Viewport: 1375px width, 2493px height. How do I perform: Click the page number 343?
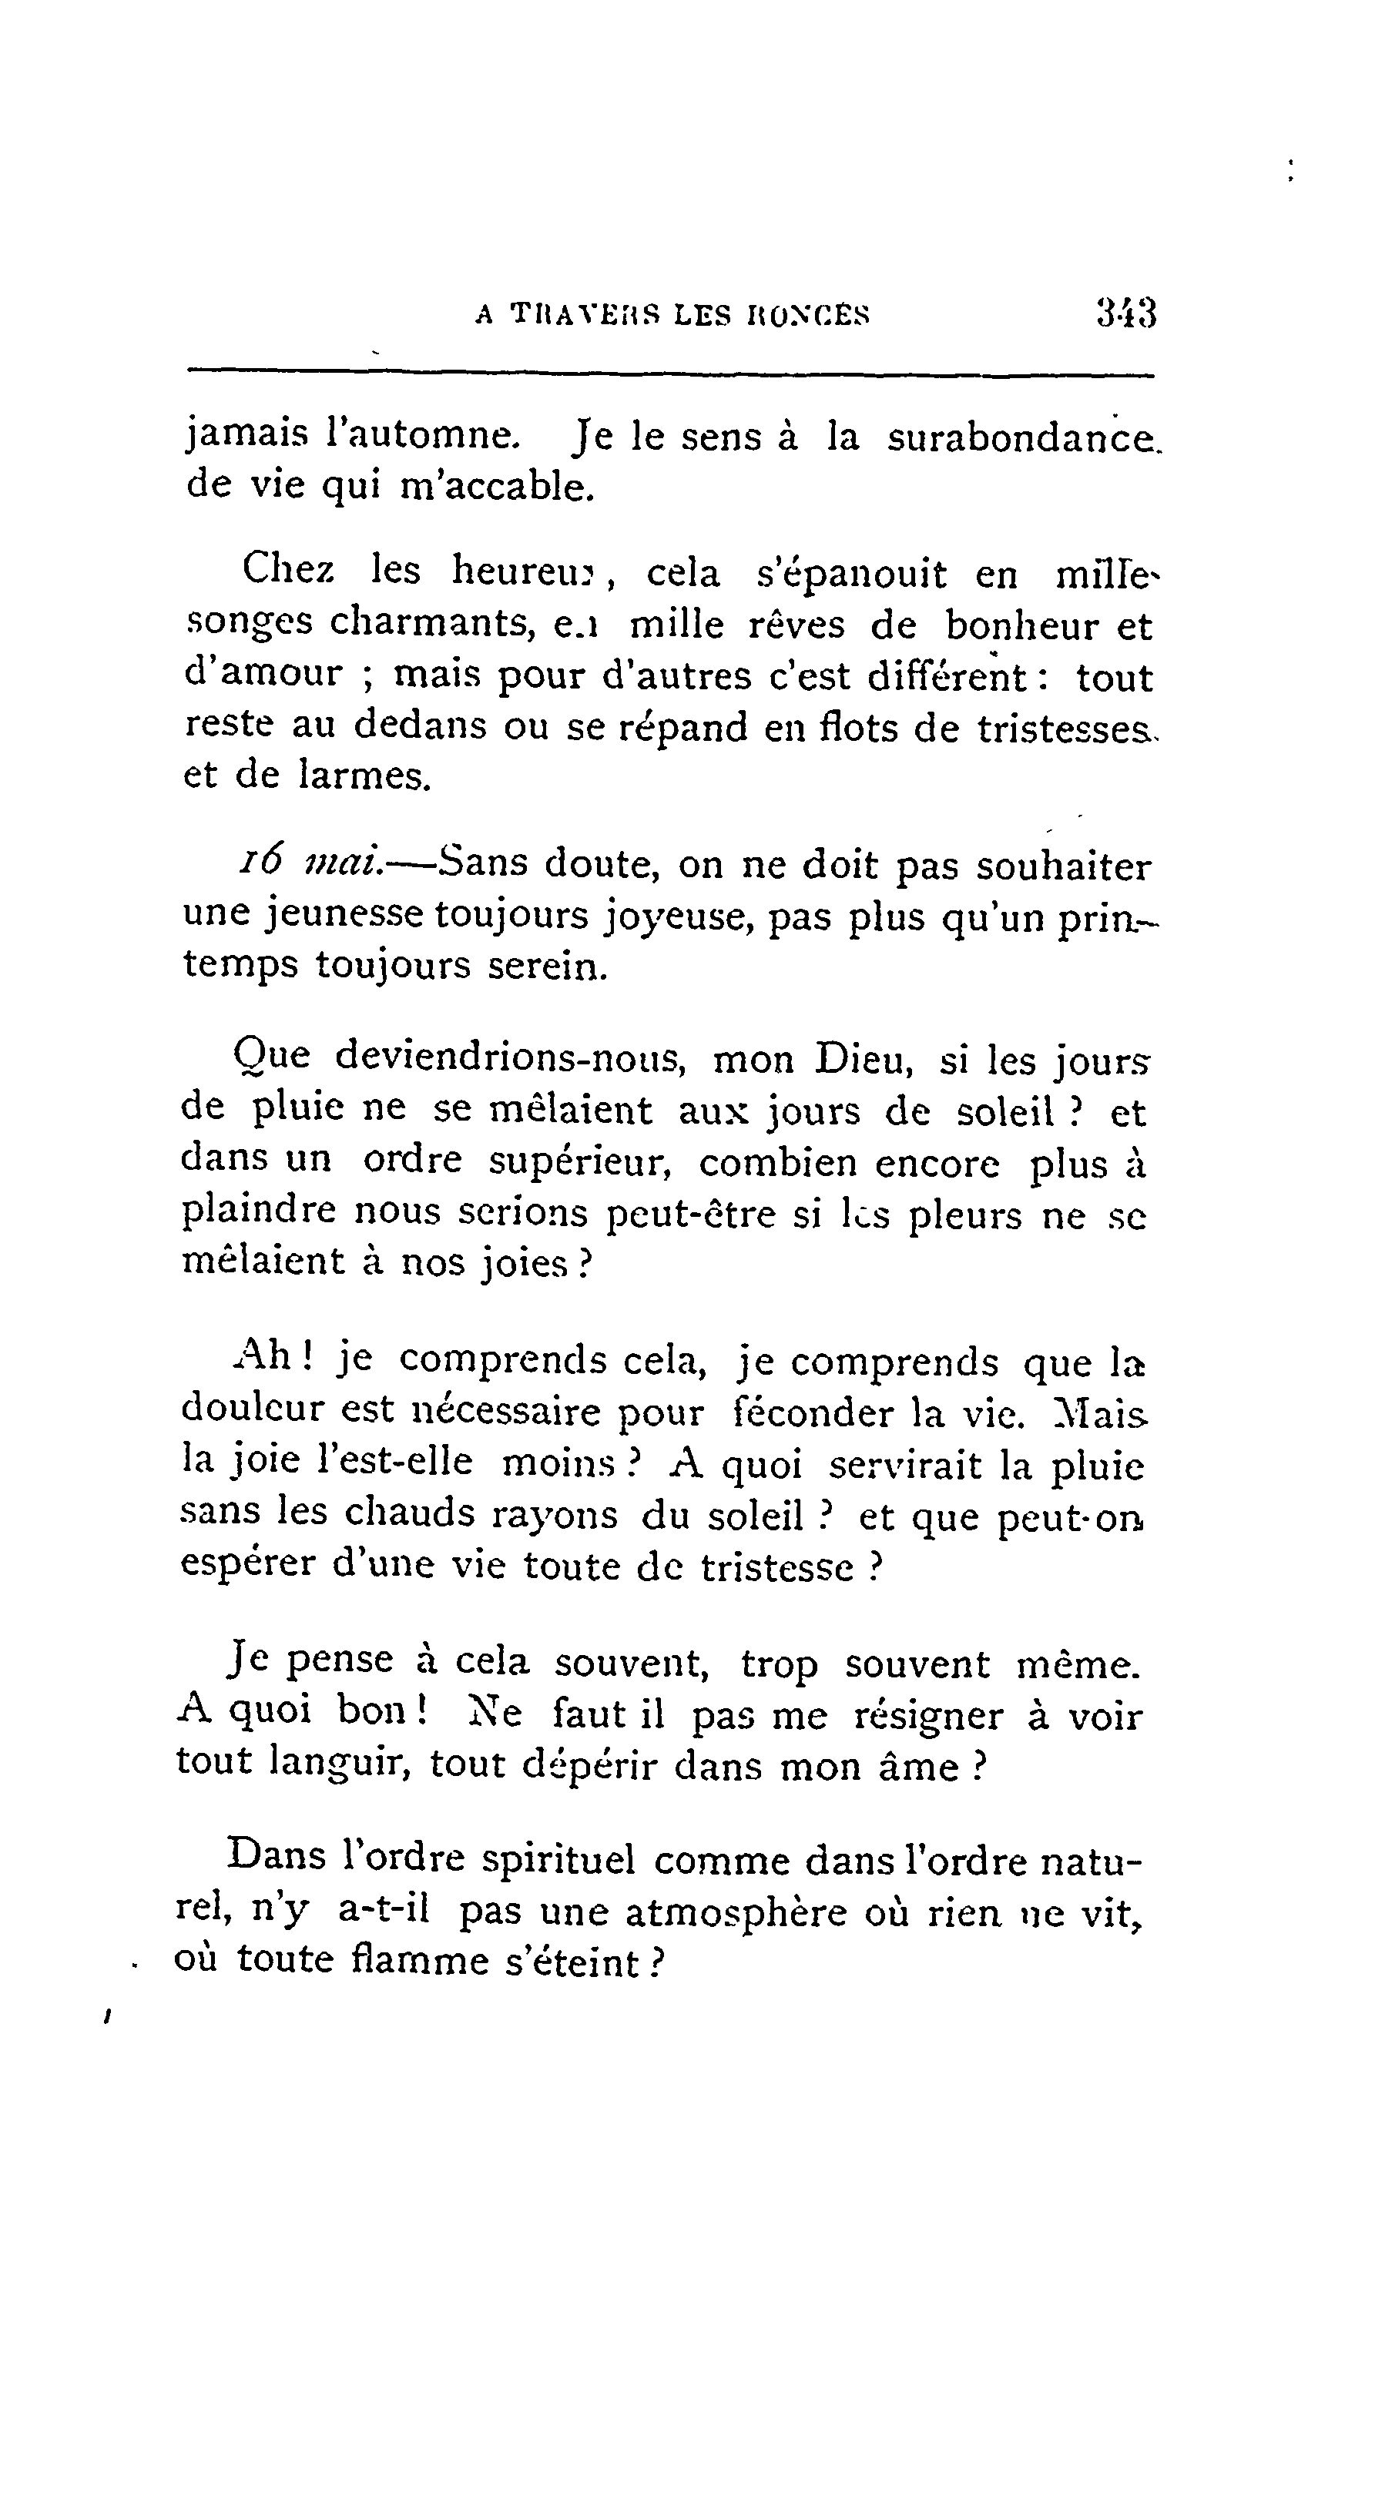(1126, 313)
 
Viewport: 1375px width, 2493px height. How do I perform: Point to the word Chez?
(288, 570)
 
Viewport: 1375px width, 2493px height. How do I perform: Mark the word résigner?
(929, 1716)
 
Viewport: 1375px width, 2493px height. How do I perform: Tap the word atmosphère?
(736, 1913)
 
